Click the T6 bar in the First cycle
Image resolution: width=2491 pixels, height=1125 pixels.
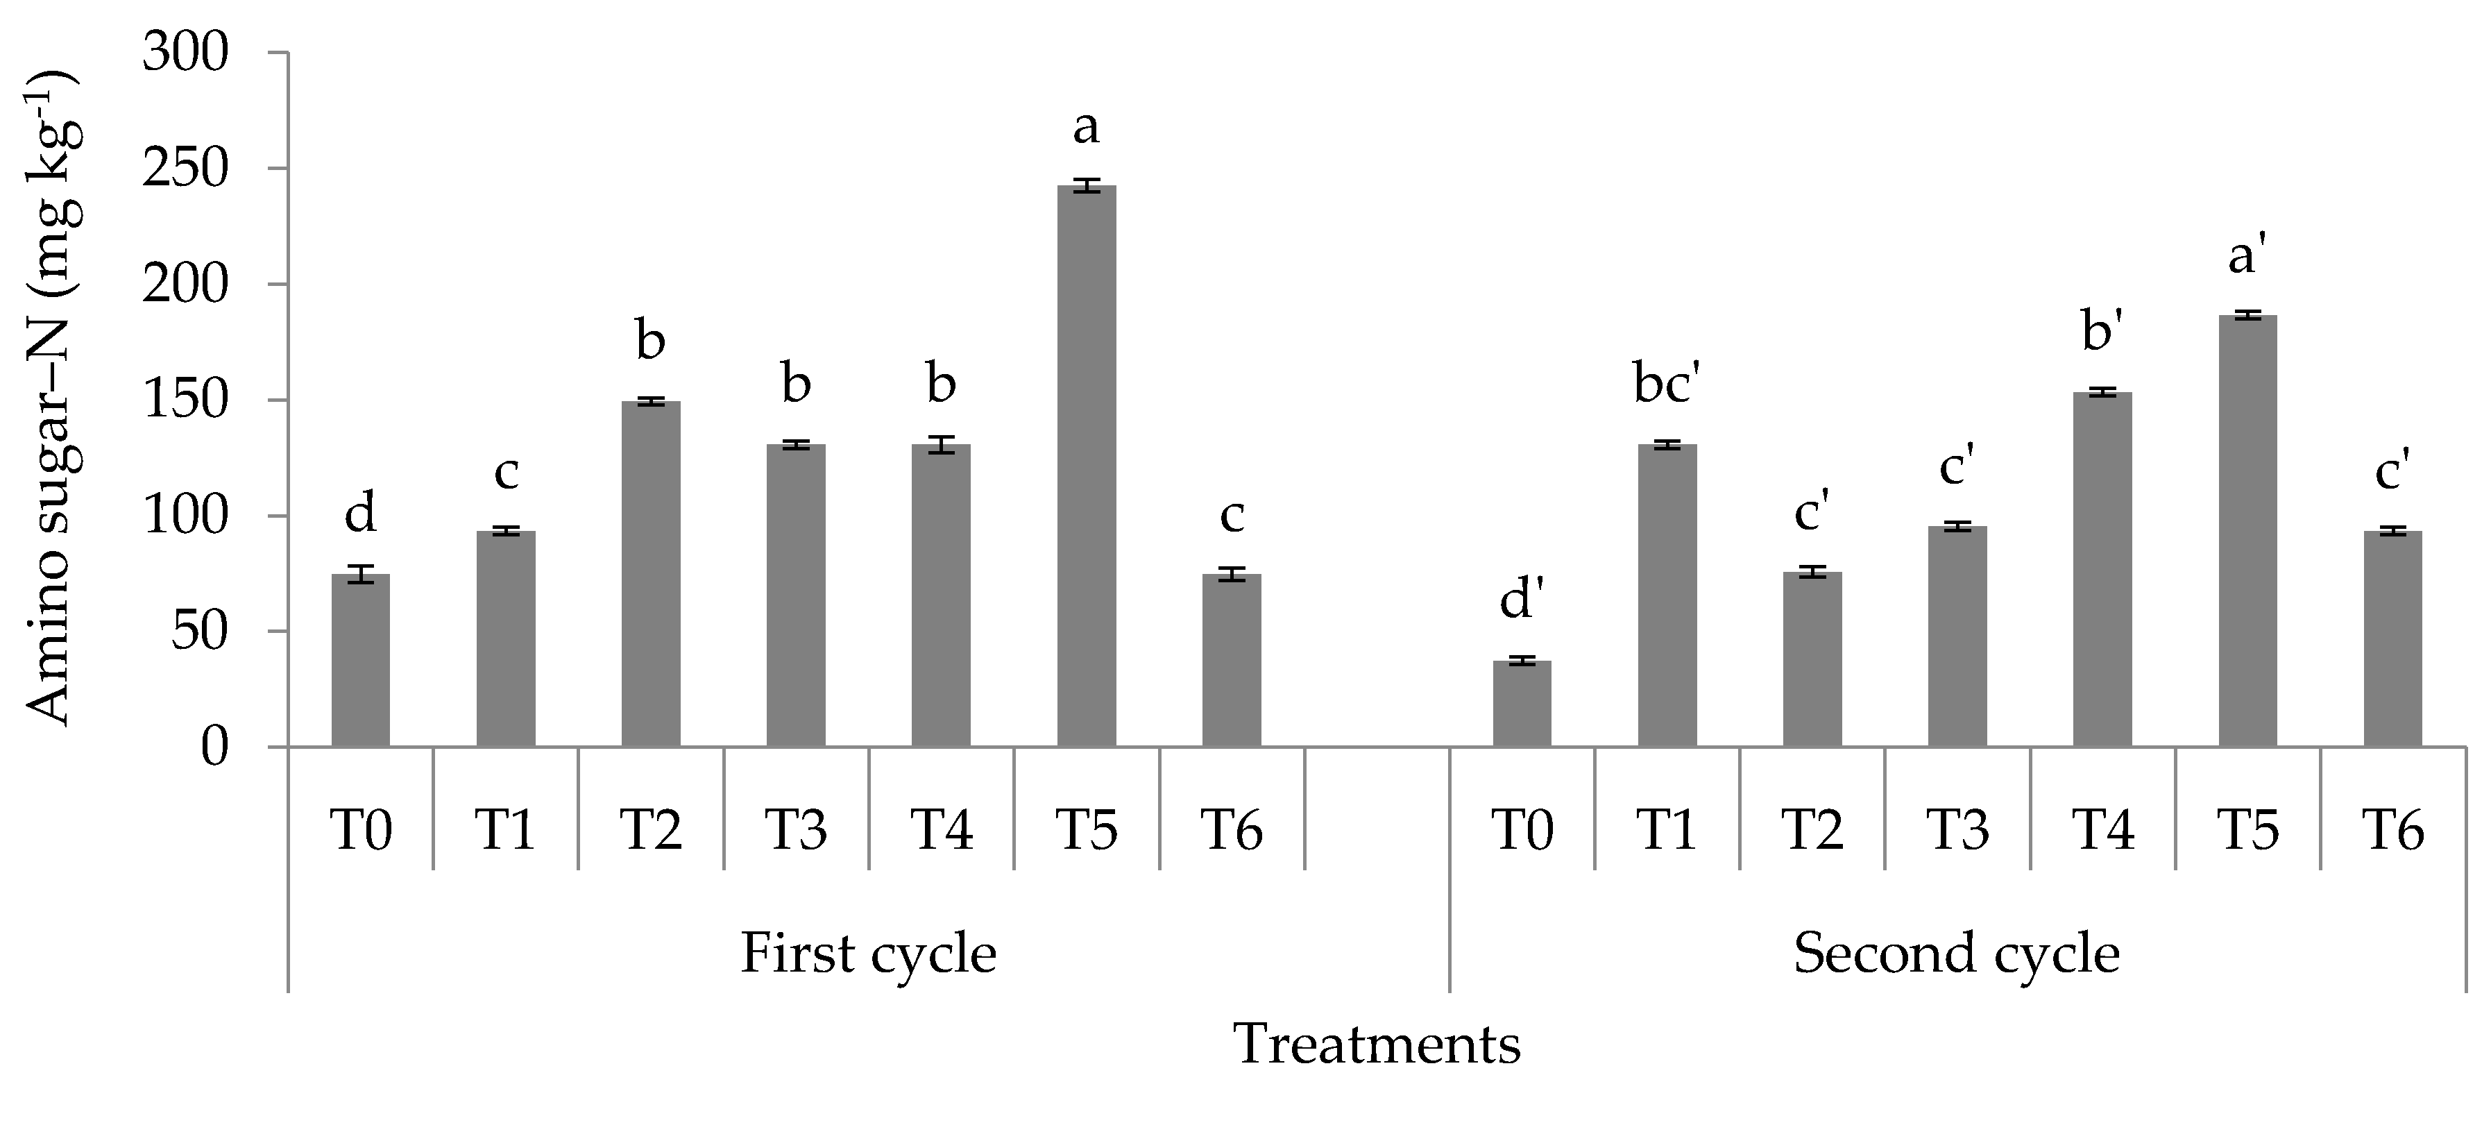click(1231, 660)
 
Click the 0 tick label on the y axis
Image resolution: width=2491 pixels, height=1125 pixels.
click(214, 747)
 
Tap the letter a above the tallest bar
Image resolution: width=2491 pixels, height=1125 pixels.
click(1086, 127)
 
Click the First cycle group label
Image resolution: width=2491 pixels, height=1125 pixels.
click(868, 954)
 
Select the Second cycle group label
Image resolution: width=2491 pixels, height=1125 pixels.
click(1956, 954)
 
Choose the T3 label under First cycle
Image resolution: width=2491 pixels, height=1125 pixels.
click(796, 830)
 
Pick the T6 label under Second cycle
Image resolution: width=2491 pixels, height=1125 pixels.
click(2392, 830)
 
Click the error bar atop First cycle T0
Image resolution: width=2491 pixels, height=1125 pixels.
click(361, 574)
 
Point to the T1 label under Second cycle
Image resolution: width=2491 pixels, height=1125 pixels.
click(1666, 830)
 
